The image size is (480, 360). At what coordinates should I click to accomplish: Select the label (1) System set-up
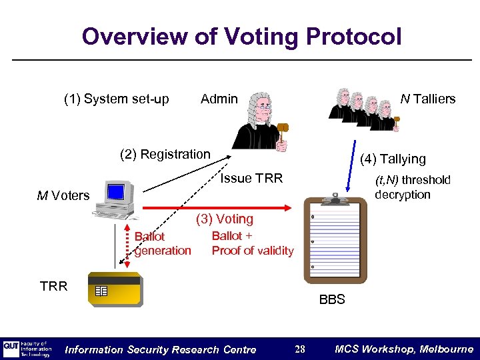(x=116, y=99)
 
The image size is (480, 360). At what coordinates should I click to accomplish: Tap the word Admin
(x=219, y=99)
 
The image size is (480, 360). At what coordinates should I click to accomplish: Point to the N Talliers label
(x=427, y=99)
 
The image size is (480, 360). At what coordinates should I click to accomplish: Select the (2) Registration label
(x=165, y=155)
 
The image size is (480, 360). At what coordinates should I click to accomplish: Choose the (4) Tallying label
(x=392, y=159)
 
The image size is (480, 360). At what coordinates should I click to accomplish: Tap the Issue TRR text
(x=251, y=179)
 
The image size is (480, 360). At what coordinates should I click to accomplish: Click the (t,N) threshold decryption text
(x=412, y=187)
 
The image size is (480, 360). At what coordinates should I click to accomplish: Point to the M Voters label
(x=63, y=195)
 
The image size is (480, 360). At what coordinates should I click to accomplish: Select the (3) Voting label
(x=224, y=219)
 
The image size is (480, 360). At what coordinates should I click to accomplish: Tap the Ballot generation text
(x=162, y=244)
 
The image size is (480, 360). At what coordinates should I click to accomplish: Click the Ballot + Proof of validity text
(x=252, y=243)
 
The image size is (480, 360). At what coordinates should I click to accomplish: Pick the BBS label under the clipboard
(x=331, y=299)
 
